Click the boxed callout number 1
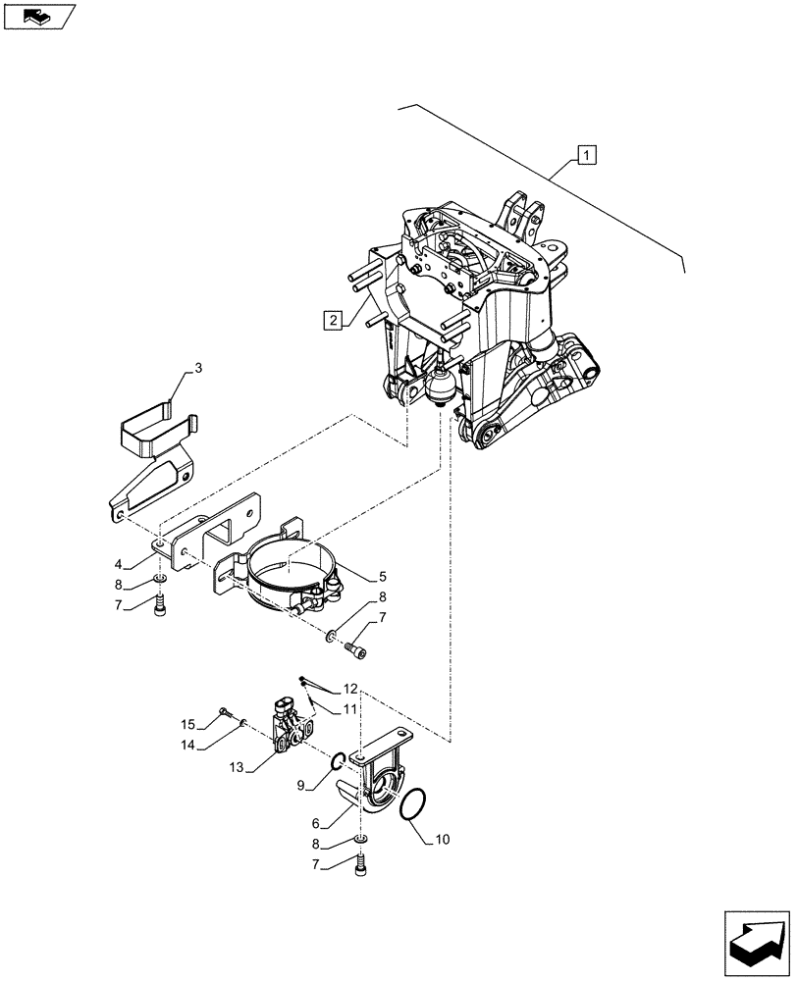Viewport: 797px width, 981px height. [586, 154]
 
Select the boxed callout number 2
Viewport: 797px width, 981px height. [335, 319]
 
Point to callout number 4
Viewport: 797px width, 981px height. [119, 564]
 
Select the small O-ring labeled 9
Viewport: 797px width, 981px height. [337, 761]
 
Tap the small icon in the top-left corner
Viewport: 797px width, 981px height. [39, 17]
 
